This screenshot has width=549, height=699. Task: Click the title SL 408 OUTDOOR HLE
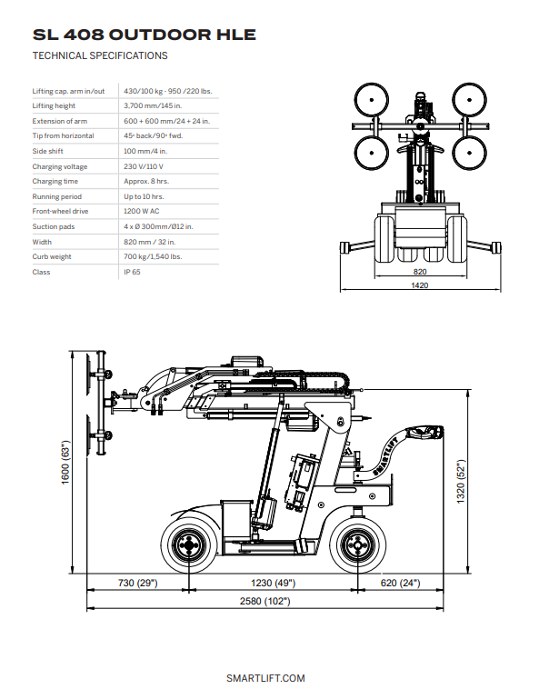coord(144,35)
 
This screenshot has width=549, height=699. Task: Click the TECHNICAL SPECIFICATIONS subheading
coord(100,56)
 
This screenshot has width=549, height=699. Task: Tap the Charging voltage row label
coord(60,166)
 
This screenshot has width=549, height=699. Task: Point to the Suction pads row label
coord(54,226)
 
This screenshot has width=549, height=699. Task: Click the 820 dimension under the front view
coord(420,271)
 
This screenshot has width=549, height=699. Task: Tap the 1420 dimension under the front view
coord(420,285)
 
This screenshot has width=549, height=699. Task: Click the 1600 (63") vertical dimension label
coord(65,464)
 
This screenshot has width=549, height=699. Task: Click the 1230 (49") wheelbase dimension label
coord(272,583)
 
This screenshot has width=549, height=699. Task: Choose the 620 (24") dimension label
coord(400,583)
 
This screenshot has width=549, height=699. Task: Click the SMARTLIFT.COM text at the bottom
coord(265,678)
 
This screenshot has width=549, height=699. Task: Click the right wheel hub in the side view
coord(355,547)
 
